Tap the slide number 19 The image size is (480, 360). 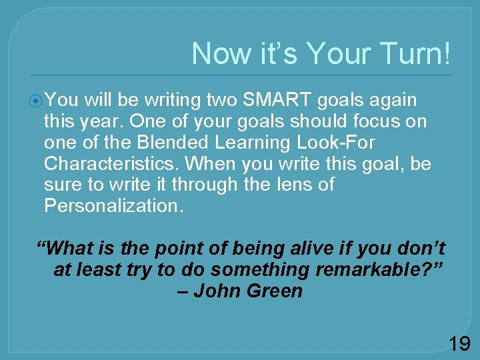tap(459, 343)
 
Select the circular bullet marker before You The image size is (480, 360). tap(37, 101)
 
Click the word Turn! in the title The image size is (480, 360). tap(416, 53)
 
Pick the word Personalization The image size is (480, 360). tap(113, 205)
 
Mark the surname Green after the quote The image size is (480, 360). tap(277, 291)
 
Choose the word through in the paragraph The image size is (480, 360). tap(207, 185)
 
